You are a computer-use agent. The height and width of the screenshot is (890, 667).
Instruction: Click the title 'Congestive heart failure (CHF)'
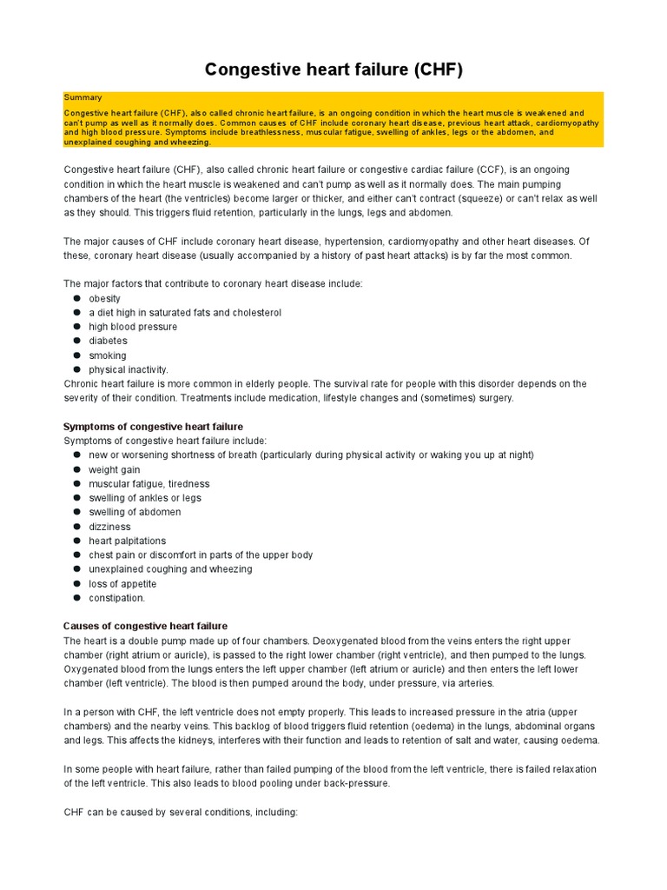pyautogui.click(x=333, y=70)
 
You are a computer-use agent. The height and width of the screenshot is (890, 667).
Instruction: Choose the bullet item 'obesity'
pyautogui.click(x=104, y=298)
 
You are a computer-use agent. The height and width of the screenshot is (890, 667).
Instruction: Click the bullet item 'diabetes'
pyautogui.click(x=108, y=341)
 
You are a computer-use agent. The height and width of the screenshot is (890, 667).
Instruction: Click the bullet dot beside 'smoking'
pyautogui.click(x=76, y=355)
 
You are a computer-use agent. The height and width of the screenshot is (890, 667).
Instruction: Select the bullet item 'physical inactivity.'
pyautogui.click(x=129, y=369)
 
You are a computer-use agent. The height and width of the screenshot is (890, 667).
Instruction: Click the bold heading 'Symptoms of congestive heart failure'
pyautogui.click(x=153, y=427)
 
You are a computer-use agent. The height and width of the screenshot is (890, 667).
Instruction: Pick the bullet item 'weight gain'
pyautogui.click(x=114, y=469)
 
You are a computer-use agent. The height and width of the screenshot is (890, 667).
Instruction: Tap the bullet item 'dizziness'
pyautogui.click(x=109, y=527)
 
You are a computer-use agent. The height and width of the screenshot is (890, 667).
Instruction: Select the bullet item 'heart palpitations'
pyautogui.click(x=127, y=541)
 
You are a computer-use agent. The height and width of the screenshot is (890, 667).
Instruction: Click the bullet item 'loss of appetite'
pyautogui.click(x=122, y=584)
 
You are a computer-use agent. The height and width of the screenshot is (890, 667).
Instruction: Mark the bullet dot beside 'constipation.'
pyautogui.click(x=76, y=598)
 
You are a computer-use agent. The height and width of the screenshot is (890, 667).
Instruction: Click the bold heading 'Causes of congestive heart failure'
pyautogui.click(x=145, y=626)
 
